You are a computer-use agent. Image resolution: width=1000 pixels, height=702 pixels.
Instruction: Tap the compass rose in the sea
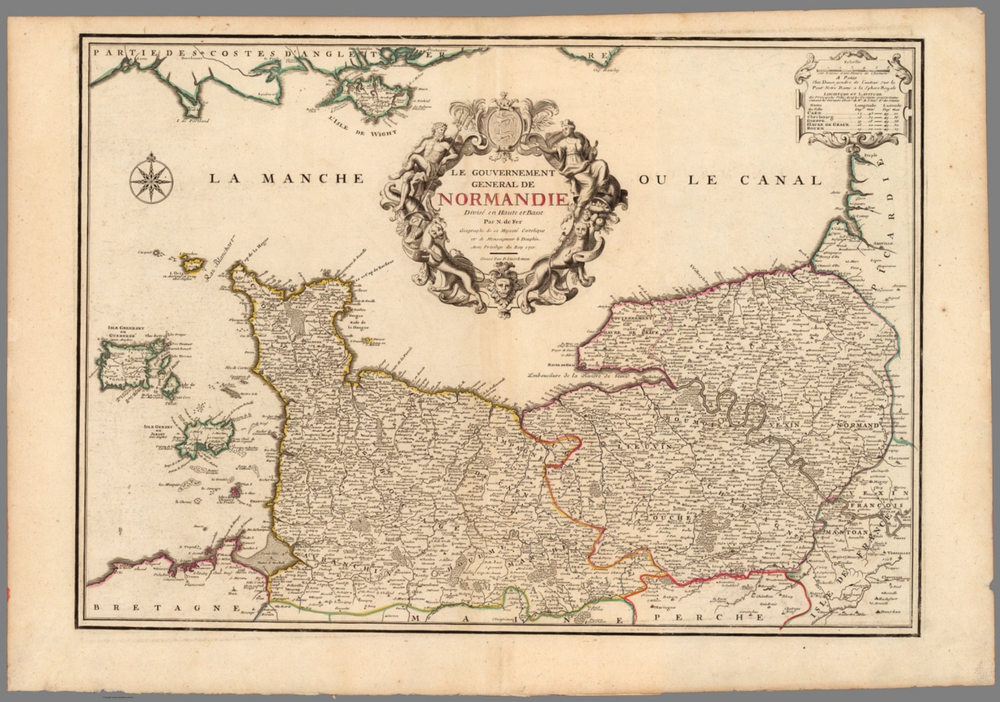coord(151,178)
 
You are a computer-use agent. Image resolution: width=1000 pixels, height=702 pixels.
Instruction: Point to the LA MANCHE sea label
coord(286,179)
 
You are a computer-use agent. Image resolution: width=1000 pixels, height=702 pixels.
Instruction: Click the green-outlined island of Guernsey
coord(120,367)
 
